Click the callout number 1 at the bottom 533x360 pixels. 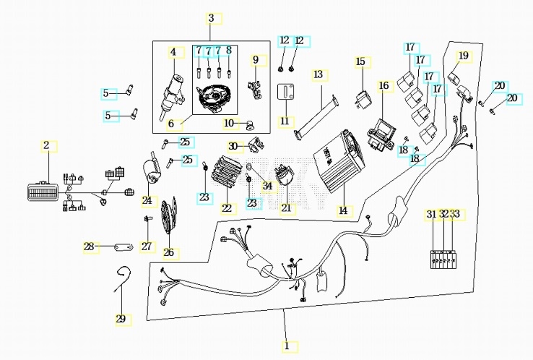tap(287, 346)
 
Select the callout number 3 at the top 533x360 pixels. tap(211, 18)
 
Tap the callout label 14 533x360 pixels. tap(343, 210)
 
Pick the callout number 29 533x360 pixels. tap(121, 320)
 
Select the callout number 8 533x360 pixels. tap(229, 51)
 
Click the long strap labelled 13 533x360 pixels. tap(317, 117)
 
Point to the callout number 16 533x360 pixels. tap(383, 85)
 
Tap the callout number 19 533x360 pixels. tap(464, 56)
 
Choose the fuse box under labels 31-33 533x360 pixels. tap(443, 260)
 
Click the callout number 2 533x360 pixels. tap(46, 145)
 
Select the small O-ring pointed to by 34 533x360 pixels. tap(248, 166)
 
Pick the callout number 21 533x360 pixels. tap(287, 208)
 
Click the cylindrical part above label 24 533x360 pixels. tap(151, 168)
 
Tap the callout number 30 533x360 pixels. tap(233, 147)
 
